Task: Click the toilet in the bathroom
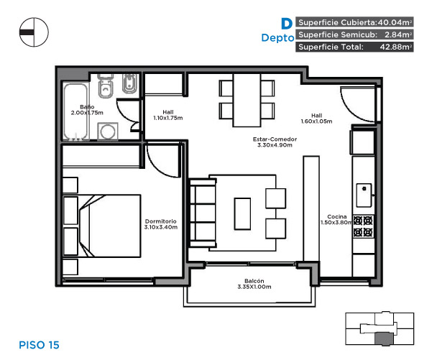coord(106,86)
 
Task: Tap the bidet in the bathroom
coord(129,83)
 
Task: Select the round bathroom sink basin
coord(107,131)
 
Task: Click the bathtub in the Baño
coord(75,111)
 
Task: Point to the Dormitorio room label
coord(160,224)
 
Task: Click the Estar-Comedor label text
coord(275,142)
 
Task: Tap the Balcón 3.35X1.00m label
coord(254,284)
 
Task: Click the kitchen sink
coord(364,195)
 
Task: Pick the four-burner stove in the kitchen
coord(363,226)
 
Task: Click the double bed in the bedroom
coord(102,226)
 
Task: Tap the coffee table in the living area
coord(242,213)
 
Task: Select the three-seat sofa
coord(203,213)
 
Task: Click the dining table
coord(247,100)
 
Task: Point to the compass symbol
coord(34,32)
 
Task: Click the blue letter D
coord(287,24)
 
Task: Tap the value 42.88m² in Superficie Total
coord(396,47)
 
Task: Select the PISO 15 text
coord(39,345)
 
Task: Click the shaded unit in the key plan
coord(384,338)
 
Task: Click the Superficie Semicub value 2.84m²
coord(398,34)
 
